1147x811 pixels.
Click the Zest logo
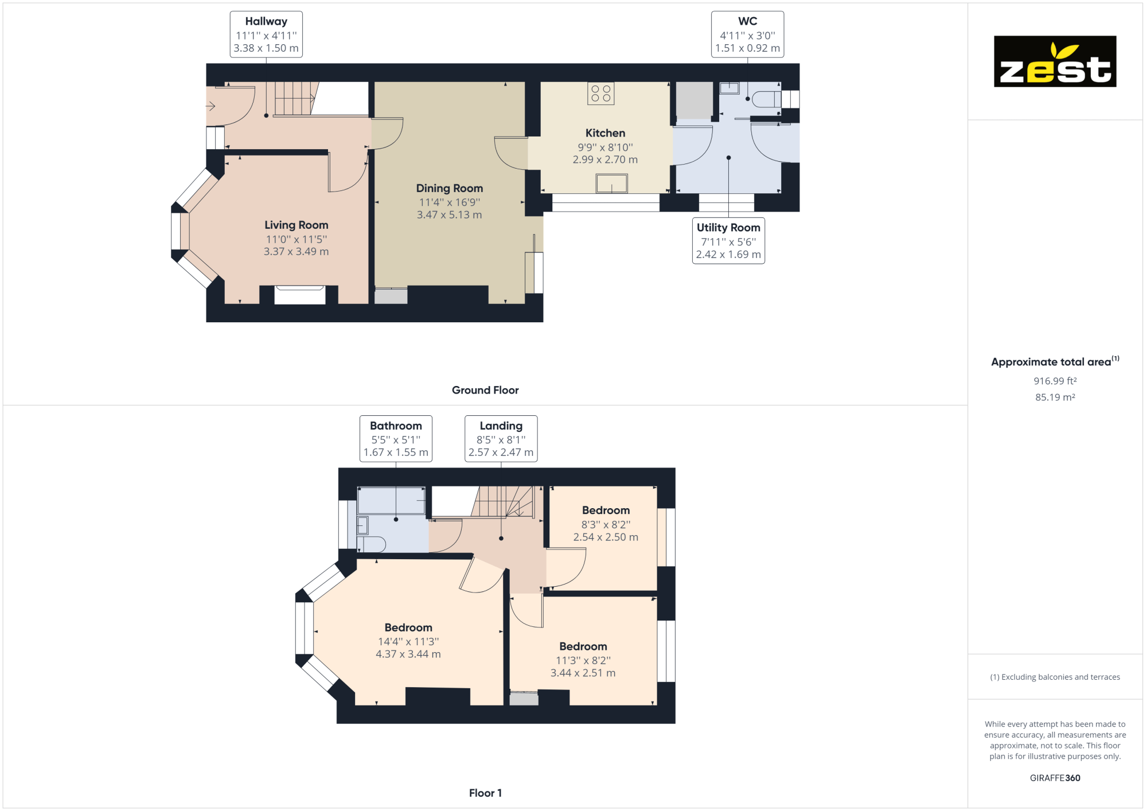coord(1055,61)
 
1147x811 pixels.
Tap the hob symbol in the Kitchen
coord(600,93)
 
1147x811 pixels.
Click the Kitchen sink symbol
coord(611,184)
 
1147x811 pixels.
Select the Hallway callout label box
coord(266,34)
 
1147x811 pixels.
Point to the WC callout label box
coord(747,34)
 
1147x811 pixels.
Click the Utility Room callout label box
coord(728,241)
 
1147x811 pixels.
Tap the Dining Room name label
coord(450,188)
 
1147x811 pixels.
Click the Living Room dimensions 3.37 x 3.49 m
coord(296,252)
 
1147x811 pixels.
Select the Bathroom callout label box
coord(396,439)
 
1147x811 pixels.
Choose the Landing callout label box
coord(501,439)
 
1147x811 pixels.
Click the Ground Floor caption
coord(485,390)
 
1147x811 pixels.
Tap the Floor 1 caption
coord(485,793)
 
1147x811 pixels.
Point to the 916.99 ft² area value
coord(1055,381)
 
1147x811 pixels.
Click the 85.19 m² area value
coord(1055,397)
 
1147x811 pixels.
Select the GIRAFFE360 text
coord(1055,778)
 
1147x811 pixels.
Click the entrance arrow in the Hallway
coord(210,106)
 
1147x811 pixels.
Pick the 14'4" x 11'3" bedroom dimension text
coord(408,642)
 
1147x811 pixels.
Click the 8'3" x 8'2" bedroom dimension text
coord(606,525)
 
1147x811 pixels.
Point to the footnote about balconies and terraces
coord(1055,677)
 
